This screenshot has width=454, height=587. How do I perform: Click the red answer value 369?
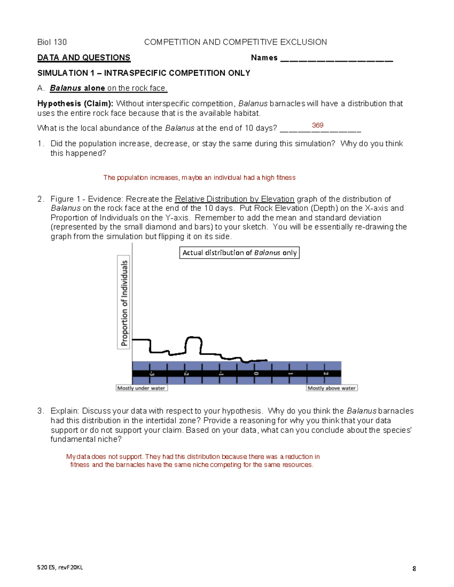(317, 125)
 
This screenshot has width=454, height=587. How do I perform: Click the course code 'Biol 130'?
(52, 42)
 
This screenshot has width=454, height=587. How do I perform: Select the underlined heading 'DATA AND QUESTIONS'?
(84, 57)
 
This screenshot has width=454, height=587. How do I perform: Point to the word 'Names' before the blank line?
(264, 57)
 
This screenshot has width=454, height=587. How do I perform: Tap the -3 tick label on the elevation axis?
(151, 373)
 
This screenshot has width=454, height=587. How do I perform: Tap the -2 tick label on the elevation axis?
(186, 373)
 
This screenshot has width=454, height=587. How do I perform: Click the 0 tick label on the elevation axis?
(256, 373)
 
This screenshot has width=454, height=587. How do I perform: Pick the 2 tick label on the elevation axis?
(326, 373)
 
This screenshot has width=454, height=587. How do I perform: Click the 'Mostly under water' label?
(141, 388)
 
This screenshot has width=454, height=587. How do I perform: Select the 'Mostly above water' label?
(331, 388)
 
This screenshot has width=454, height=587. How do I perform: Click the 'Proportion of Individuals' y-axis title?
(124, 302)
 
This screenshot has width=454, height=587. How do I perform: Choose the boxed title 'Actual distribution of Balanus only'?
(239, 252)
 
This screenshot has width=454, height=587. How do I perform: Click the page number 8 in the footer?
(414, 568)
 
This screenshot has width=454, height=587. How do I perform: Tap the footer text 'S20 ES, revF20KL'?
(60, 567)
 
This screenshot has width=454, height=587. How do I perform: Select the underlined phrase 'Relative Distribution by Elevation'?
(235, 199)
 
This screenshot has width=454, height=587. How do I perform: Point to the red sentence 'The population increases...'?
(199, 178)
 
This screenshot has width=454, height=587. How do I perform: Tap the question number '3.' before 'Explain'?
(40, 411)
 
